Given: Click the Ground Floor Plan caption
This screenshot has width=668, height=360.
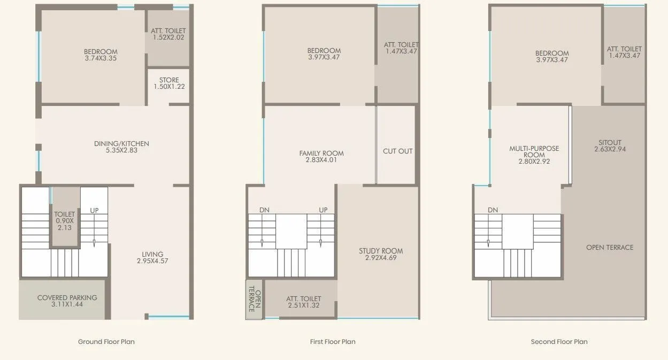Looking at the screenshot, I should tap(106, 341).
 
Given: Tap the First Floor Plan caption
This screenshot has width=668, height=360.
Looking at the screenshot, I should tap(333, 341).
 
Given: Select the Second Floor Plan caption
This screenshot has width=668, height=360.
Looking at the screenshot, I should tap(559, 341).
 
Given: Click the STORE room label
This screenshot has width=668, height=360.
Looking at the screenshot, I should tap(169, 80).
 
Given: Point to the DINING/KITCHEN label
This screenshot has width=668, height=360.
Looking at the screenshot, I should tap(121, 143).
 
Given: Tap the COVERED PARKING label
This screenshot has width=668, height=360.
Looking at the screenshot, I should tap(67, 297).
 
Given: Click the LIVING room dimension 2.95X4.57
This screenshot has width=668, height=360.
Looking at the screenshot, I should tap(152, 261).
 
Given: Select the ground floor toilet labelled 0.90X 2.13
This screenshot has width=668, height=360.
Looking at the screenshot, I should tap(65, 220).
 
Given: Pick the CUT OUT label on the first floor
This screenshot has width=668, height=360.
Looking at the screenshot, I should tap(398, 151).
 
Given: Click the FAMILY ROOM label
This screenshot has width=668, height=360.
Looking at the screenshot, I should tap(321, 154).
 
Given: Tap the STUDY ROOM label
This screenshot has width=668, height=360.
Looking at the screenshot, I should tap(381, 251).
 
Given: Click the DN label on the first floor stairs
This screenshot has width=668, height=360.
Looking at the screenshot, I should tap(264, 210).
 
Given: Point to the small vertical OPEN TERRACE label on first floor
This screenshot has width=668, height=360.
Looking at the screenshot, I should tap(254, 300).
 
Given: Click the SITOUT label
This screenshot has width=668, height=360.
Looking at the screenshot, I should tap(610, 143).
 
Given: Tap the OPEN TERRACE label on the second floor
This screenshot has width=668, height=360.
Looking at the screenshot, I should tap(609, 247).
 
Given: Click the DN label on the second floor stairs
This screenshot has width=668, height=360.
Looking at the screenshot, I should tap(493, 210).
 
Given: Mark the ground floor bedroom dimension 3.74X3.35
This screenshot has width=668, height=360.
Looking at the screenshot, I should tap(101, 58).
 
